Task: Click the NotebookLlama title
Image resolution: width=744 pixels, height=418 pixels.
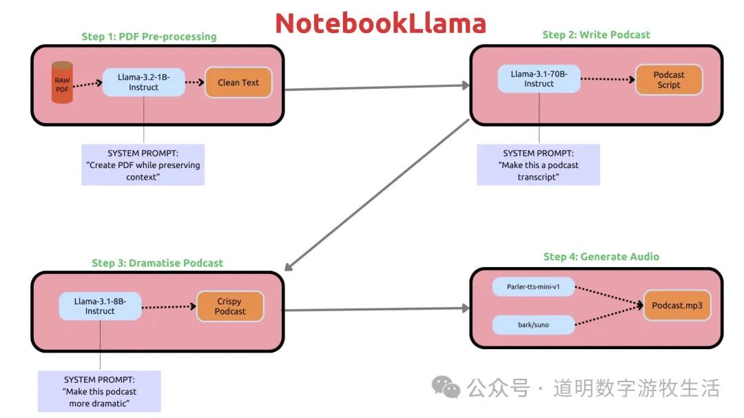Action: point(380,23)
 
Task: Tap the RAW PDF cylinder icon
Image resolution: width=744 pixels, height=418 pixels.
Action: point(62,83)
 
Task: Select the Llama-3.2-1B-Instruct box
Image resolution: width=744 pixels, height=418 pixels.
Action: point(143,82)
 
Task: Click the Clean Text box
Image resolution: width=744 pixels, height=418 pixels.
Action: point(238,83)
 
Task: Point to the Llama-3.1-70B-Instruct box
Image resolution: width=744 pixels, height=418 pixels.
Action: point(539,79)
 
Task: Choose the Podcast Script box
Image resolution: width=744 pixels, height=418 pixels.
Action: point(668,80)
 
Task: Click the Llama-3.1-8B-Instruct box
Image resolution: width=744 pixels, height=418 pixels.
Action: point(100,306)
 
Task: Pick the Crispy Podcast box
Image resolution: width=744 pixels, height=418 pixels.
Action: point(230,306)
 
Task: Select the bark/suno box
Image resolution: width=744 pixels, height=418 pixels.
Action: point(533,324)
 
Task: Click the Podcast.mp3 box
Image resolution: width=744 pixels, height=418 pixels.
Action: point(677,306)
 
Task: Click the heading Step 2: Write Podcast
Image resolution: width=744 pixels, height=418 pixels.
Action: point(596,34)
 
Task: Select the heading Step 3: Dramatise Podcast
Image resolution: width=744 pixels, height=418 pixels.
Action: point(157,263)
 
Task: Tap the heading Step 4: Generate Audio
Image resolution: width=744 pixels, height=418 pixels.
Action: point(601,256)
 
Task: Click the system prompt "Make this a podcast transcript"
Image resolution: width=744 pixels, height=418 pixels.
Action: point(538,165)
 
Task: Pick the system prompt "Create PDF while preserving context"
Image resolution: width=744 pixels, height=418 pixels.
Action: point(143,165)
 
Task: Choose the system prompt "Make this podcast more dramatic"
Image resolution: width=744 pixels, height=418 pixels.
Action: point(99,391)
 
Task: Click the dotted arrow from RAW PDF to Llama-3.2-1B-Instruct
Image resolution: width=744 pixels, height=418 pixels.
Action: point(87,83)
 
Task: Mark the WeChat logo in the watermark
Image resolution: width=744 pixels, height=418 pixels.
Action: point(446,388)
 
